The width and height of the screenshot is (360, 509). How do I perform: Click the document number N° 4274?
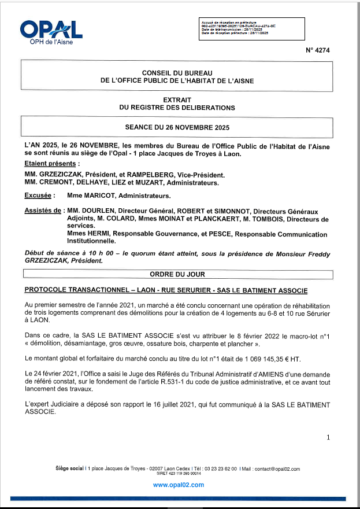click(x=318, y=50)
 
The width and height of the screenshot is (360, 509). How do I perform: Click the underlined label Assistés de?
click(x=43, y=212)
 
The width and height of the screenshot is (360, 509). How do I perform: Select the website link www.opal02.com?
click(x=178, y=485)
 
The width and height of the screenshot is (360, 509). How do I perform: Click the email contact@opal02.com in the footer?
click(x=276, y=469)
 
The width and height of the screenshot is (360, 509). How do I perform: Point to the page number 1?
click(x=328, y=438)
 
